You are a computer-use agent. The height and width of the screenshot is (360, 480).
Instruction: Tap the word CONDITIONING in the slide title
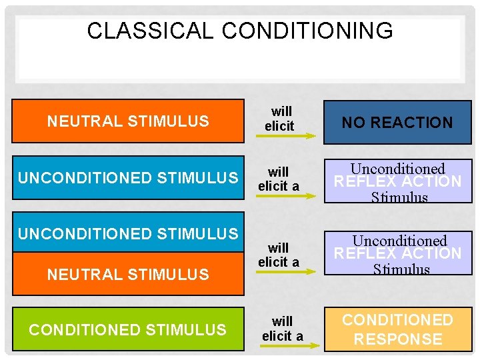(x=307, y=31)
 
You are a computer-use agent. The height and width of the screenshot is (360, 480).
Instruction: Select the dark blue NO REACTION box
(x=397, y=122)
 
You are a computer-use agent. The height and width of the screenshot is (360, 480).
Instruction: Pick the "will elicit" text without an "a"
(x=280, y=118)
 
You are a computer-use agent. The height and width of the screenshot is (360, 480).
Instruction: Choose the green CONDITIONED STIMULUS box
(x=128, y=329)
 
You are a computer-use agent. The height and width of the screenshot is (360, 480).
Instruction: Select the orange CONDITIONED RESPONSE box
(x=397, y=329)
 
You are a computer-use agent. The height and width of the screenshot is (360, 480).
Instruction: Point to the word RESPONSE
(x=397, y=339)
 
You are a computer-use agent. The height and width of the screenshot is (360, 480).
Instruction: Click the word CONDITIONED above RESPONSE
(x=397, y=320)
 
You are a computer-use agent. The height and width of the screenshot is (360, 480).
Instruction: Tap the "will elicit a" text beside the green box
(x=282, y=329)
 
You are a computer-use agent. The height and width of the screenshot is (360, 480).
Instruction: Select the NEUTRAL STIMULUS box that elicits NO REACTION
(x=128, y=121)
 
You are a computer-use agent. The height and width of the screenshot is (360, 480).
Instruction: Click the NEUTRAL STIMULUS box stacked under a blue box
(x=128, y=274)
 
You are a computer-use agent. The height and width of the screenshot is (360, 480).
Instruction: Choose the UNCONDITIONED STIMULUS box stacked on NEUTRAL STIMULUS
(x=128, y=234)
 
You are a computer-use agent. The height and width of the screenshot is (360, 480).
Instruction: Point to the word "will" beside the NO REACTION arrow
(x=281, y=111)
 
